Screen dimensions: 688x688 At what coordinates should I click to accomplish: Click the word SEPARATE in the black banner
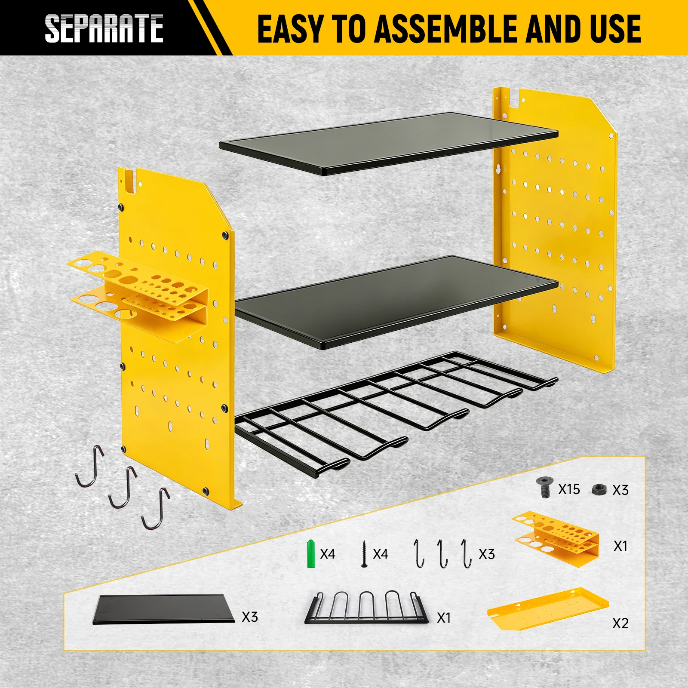pos(104,28)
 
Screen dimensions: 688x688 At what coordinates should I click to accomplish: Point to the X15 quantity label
pos(569,489)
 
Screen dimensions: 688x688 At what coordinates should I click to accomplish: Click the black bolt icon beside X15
pos(544,487)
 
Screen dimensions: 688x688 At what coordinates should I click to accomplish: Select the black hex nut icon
pos(599,489)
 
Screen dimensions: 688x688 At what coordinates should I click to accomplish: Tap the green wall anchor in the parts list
pos(311,553)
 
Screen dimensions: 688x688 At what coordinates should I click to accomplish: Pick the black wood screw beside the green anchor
pos(364,554)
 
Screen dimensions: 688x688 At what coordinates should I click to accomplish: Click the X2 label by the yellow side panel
pos(620,623)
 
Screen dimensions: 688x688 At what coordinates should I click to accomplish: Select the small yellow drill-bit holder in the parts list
pos(556,539)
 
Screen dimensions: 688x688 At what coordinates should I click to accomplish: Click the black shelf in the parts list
pos(164,609)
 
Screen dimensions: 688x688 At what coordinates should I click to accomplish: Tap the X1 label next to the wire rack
pos(444,618)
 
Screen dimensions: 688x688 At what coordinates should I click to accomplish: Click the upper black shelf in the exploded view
pos(389,143)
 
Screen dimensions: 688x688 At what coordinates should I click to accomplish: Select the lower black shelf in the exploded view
pos(396,302)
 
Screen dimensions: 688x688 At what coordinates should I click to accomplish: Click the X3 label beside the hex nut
pos(620,490)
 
